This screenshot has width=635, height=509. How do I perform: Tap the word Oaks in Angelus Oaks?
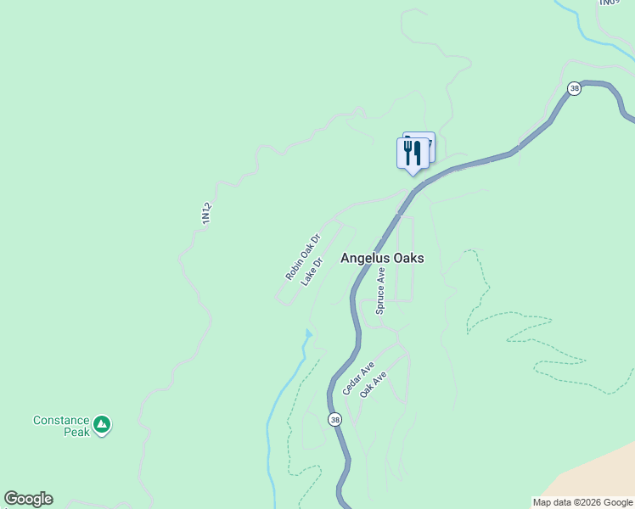(x=406, y=258)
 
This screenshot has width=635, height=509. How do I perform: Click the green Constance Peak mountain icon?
(x=102, y=424)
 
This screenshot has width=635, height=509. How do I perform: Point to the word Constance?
(x=61, y=420)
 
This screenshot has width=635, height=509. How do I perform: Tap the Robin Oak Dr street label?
(x=302, y=257)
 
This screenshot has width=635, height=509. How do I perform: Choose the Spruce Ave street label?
(x=381, y=291)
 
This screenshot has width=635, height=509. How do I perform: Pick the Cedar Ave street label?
(x=358, y=378)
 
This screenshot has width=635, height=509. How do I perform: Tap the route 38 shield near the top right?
(x=575, y=88)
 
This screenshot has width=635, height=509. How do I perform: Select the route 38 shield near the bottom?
(x=334, y=419)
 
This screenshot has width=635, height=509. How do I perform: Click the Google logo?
(x=28, y=499)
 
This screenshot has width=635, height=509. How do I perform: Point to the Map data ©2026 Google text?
(x=582, y=502)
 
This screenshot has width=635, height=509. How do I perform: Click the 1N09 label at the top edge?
(x=606, y=3)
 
